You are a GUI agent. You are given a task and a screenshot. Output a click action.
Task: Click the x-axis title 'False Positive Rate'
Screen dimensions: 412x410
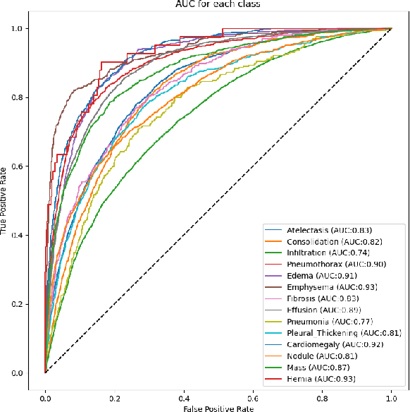[x=218, y=407]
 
